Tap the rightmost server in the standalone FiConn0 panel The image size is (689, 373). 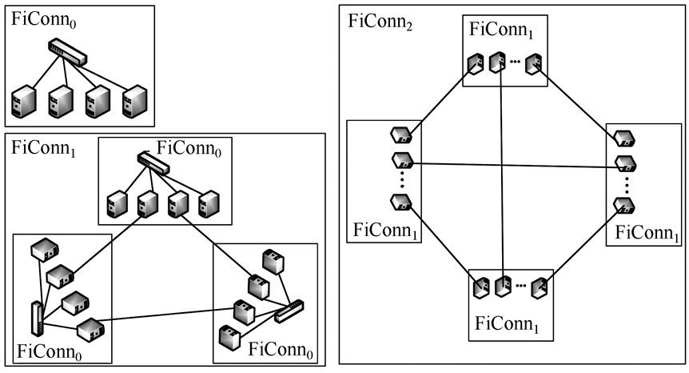[133, 102]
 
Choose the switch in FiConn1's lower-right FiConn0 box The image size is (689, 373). [289, 310]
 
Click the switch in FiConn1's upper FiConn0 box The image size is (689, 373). [153, 162]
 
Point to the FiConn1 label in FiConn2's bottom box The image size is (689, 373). [508, 325]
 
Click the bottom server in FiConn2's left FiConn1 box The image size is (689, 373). [400, 203]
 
